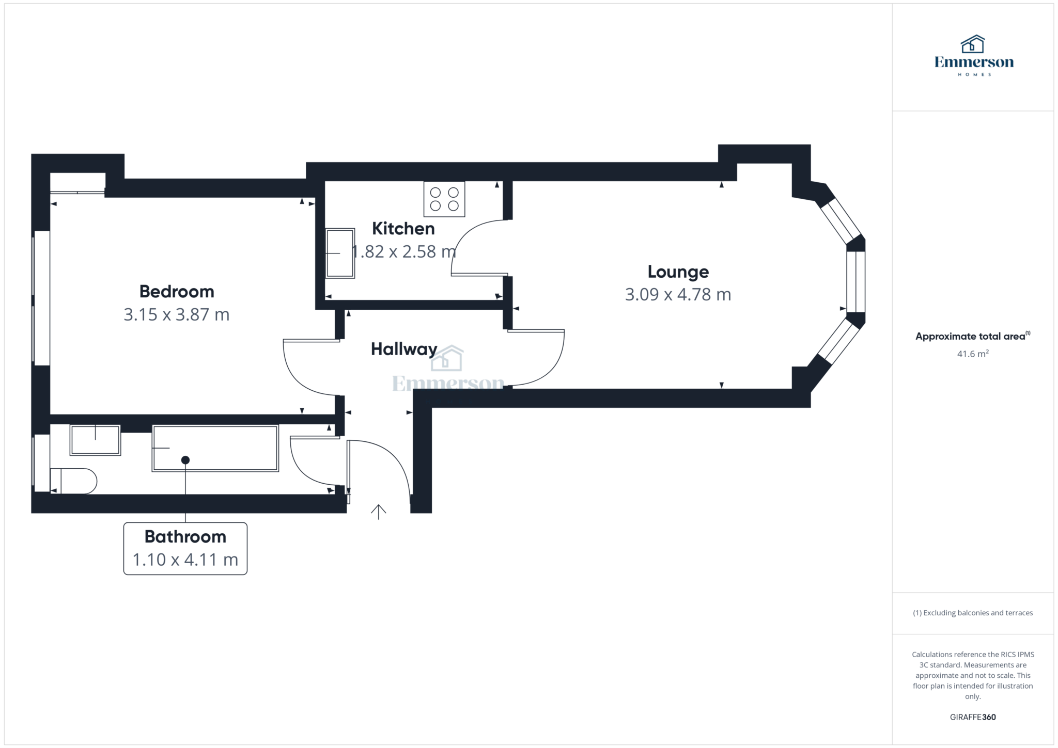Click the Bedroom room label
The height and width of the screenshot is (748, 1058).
tap(177, 292)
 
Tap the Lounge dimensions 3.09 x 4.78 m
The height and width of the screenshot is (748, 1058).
tap(678, 294)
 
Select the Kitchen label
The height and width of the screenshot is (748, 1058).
tap(403, 228)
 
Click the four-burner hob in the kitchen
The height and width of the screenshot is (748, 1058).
tap(444, 199)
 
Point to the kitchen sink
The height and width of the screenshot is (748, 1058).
tap(340, 253)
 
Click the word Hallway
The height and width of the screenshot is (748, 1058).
tap(404, 349)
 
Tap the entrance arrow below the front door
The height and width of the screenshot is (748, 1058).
tap(378, 512)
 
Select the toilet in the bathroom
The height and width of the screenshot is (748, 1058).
tap(74, 481)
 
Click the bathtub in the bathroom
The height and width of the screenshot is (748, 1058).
tap(215, 448)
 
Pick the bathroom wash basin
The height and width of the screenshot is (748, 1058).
tap(95, 440)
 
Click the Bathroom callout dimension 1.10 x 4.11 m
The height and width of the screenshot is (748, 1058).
tap(185, 560)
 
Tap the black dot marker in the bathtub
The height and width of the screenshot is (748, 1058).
tap(185, 460)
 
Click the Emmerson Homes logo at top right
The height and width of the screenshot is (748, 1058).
tap(973, 56)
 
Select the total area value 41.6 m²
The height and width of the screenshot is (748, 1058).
tap(972, 354)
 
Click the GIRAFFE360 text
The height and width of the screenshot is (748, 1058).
tap(972, 717)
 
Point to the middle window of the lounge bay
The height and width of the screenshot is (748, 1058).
tap(855, 281)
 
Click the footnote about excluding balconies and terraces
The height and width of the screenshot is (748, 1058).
tap(972, 613)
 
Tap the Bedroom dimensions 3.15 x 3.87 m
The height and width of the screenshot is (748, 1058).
tap(177, 314)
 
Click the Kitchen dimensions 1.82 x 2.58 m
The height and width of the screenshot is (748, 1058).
tap(404, 251)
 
